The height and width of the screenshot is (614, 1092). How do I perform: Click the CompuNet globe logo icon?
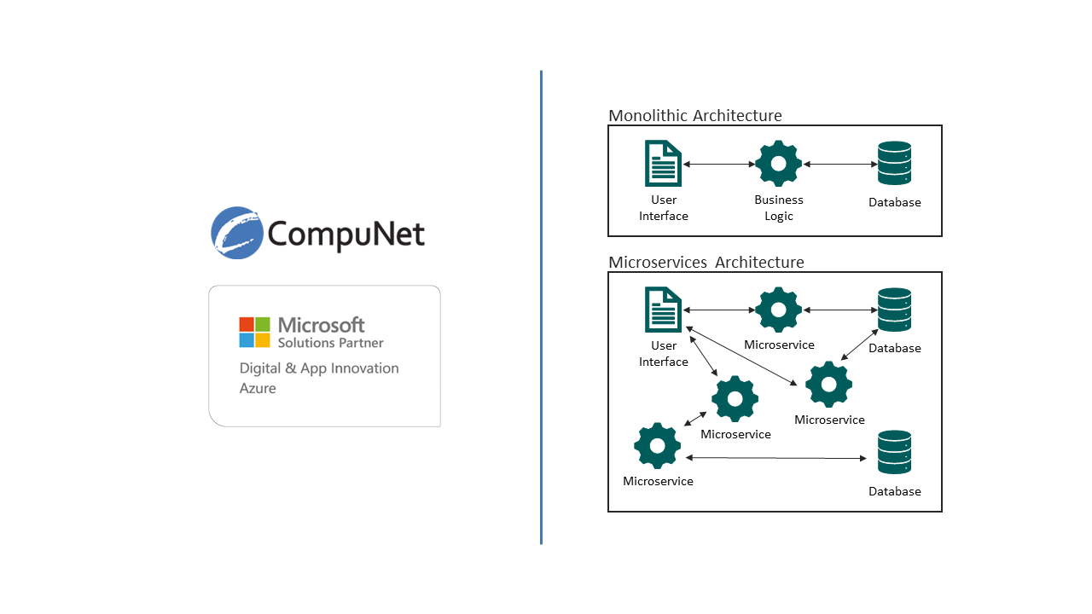tap(237, 232)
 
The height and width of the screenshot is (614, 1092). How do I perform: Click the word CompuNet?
tap(346, 233)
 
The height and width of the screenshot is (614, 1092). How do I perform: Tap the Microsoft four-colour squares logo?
tap(254, 332)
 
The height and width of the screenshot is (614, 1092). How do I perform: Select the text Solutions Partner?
tap(330, 343)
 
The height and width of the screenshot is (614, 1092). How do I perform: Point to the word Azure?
tap(258, 388)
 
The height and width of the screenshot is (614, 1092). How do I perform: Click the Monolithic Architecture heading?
tap(694, 115)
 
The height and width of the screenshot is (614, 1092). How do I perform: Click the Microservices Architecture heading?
tap(706, 262)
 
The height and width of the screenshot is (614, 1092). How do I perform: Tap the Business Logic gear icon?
tap(778, 164)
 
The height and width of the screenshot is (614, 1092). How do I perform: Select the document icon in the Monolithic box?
tap(664, 164)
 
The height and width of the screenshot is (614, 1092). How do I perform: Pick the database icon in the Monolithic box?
tap(894, 164)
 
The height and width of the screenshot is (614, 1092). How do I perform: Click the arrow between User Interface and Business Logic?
tap(721, 164)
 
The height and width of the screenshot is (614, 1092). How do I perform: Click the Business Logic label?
tap(778, 208)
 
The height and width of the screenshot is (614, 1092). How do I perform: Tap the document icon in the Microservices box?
tap(664, 310)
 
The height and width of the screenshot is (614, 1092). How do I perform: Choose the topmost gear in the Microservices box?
tap(778, 310)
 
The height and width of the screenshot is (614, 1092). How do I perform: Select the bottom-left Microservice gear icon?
tap(657, 445)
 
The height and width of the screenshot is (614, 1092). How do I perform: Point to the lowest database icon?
tap(894, 453)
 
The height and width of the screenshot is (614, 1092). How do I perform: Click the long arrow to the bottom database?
tap(775, 459)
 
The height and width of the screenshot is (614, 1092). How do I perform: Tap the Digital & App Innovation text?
tap(319, 368)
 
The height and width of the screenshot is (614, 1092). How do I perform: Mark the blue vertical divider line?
tap(541, 307)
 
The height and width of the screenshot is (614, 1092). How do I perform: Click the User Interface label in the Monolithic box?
tap(664, 208)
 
